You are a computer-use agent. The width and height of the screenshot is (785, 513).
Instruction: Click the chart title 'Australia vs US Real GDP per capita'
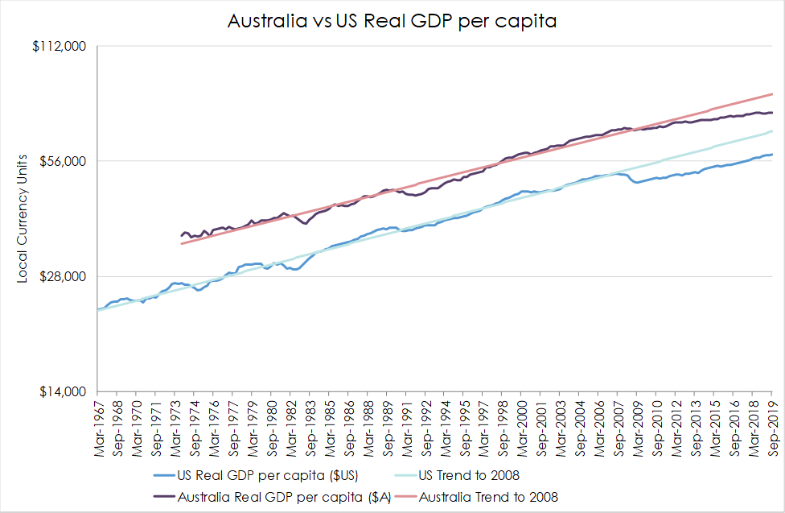coord(392,21)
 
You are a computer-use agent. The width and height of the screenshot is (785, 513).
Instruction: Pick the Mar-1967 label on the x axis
coord(100,427)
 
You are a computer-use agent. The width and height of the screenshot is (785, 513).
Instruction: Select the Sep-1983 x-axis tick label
coord(310,427)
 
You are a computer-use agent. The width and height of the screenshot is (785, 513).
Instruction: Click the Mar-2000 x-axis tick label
coord(521,427)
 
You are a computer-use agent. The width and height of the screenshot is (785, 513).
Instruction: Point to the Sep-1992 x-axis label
coord(425,427)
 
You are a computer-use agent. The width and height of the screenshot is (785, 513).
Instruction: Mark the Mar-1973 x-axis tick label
coord(175,427)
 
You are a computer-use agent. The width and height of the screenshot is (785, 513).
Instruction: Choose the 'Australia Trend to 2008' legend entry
coord(488,497)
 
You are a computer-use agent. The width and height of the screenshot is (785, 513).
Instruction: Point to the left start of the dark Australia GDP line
coord(182,236)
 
